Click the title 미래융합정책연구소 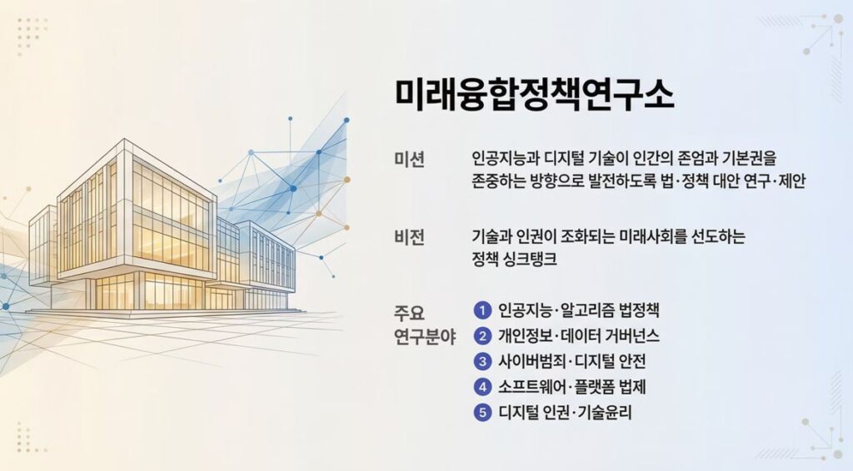click(x=534, y=95)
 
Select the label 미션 click(x=409, y=159)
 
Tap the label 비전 click(x=409, y=237)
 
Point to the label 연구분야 click(x=425, y=337)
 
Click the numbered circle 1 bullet click(x=482, y=310)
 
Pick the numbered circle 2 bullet click(x=482, y=335)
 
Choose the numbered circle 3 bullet click(x=482, y=361)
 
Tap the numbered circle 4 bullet click(x=482, y=387)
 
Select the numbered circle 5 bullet click(x=482, y=412)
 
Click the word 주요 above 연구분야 click(x=409, y=314)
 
